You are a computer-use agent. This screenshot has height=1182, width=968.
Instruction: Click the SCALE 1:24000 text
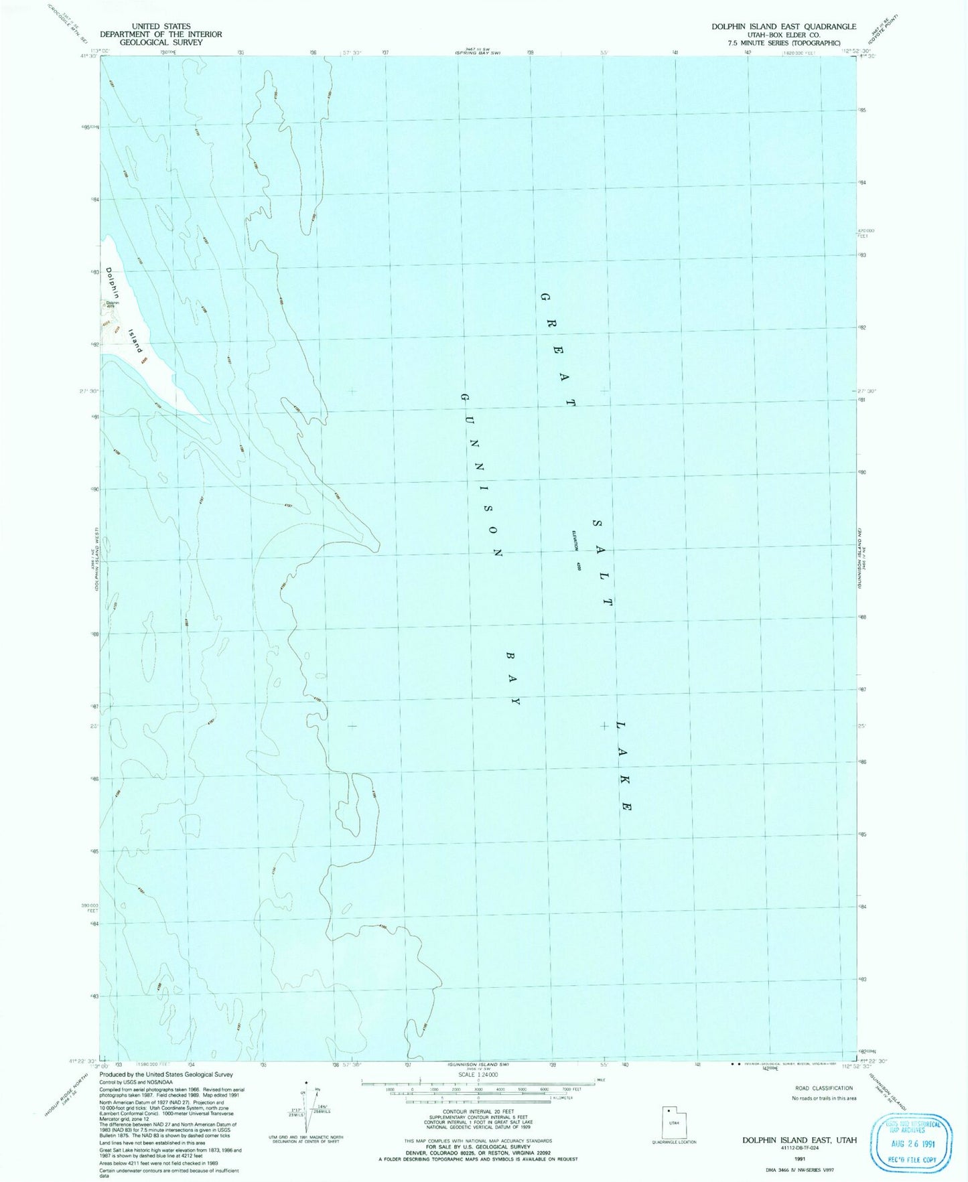coord(478,1075)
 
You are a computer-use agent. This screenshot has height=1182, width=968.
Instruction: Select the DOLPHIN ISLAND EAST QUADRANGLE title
coord(783,27)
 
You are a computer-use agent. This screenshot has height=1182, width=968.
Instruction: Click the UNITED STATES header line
coord(161,27)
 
